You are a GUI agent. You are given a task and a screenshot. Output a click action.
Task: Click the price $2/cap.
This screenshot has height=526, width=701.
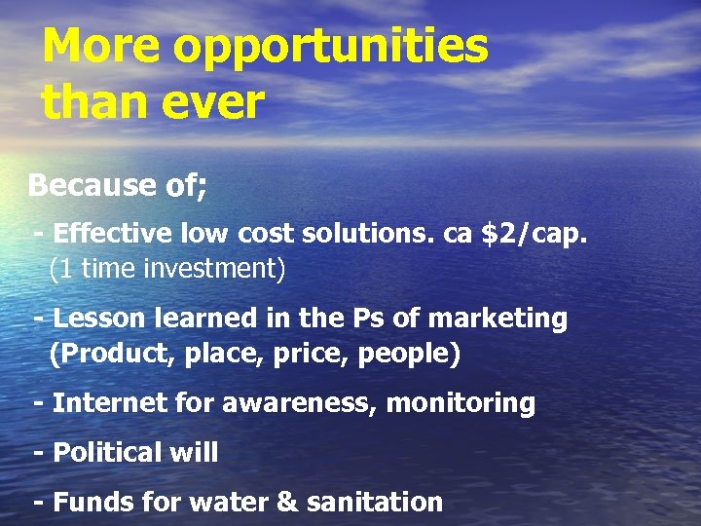point(535,235)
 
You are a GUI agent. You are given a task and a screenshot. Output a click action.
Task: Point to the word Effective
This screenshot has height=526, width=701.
point(109,235)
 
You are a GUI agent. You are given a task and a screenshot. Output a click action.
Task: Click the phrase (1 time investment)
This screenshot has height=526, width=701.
point(167,269)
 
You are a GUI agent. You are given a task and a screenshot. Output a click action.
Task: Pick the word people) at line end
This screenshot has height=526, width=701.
point(409,353)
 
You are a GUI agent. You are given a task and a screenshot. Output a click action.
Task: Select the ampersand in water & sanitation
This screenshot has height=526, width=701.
point(288,503)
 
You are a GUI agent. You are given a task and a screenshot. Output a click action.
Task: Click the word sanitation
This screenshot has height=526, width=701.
point(375,503)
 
